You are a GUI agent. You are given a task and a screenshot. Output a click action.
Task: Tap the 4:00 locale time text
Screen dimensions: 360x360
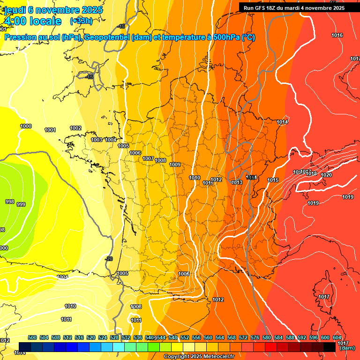pyautogui.click(x=32, y=21)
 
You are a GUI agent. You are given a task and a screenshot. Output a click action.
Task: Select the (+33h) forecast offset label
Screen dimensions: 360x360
pyautogui.click(x=81, y=21)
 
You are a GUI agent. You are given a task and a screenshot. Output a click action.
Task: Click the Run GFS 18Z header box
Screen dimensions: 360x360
pyautogui.click(x=294, y=7)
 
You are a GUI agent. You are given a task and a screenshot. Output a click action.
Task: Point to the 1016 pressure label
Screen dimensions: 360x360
pyautogui.click(x=337, y=36)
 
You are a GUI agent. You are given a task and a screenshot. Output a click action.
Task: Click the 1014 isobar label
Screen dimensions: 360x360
pyautogui.click(x=282, y=122)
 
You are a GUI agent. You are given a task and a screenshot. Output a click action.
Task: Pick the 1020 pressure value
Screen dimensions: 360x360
pyautogui.click(x=326, y=175)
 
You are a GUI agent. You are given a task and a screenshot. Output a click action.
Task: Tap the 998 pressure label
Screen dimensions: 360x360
pyautogui.click(x=9, y=202)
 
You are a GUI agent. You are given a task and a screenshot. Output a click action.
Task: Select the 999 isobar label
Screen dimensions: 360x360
pyautogui.click(x=21, y=204)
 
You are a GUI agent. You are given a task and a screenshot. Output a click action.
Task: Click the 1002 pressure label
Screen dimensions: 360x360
pyautogui.click(x=75, y=128)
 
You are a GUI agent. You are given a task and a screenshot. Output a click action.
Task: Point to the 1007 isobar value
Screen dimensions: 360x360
pyautogui.click(x=148, y=159)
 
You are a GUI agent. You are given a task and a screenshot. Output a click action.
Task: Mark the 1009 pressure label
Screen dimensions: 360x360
pyautogui.click(x=175, y=165)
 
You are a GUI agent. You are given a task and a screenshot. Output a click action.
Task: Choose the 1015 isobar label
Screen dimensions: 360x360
pyautogui.click(x=273, y=180)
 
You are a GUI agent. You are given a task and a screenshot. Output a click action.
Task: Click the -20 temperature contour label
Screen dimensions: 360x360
pyautogui.click(x=109, y=259)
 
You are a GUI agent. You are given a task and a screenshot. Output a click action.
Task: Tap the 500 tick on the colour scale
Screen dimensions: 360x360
pyautogui.click(x=32, y=338)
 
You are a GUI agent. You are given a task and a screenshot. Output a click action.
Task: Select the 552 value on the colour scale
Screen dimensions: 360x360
pyautogui.click(x=185, y=338)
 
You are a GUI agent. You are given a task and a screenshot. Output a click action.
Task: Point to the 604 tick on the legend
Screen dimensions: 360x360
pyautogui.click(x=337, y=338)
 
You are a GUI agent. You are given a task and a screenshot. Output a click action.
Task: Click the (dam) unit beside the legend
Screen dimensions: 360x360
pyautogui.click(x=347, y=348)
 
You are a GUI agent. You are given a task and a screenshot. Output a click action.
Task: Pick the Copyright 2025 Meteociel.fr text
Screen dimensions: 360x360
pyautogui.click(x=199, y=357)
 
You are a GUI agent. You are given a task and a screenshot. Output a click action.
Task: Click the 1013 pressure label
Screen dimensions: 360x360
pyautogui.click(x=237, y=182)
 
